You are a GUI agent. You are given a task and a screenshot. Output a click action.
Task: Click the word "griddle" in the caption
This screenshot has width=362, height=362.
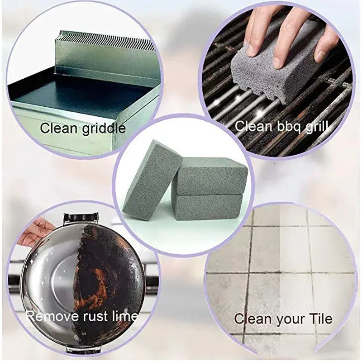104,129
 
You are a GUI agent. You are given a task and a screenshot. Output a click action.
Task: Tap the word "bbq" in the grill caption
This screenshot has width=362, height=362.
289,127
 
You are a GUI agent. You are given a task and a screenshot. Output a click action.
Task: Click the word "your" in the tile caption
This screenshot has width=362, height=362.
289,319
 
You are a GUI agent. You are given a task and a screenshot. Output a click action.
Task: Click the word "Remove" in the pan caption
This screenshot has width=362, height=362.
52,316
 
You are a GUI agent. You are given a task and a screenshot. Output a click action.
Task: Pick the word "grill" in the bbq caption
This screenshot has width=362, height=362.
316,127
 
